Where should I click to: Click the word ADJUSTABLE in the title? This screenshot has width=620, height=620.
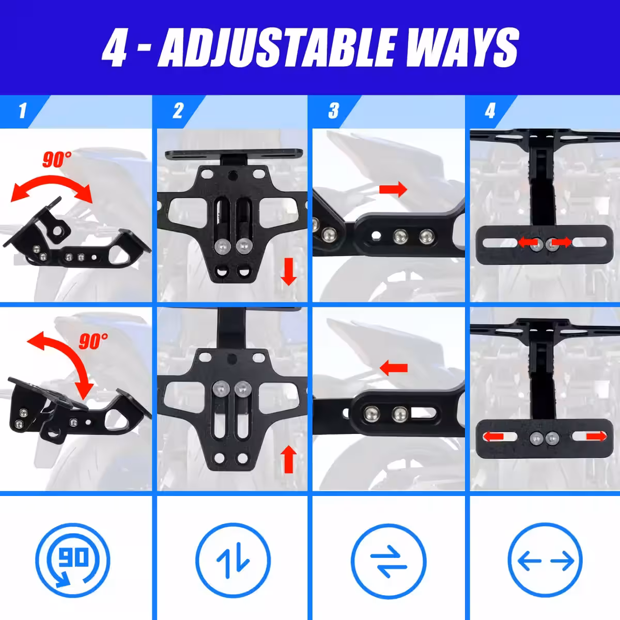277,48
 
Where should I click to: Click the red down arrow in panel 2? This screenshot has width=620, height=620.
289,272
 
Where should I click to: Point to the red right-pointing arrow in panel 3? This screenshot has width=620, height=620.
393,189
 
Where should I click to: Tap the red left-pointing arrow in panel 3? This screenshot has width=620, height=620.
394,368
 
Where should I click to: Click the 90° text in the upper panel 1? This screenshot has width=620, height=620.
57,159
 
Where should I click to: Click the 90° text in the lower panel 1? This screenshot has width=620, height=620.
94,341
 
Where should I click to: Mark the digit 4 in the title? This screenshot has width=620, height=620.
115,48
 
